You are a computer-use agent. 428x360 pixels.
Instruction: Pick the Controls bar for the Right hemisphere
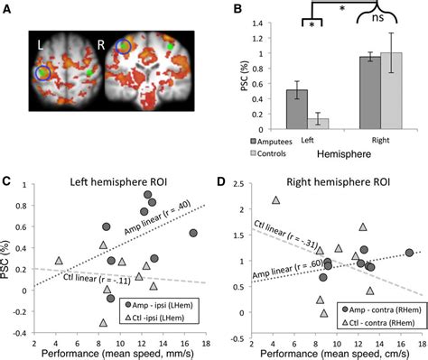pyautogui.click(x=389, y=94)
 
